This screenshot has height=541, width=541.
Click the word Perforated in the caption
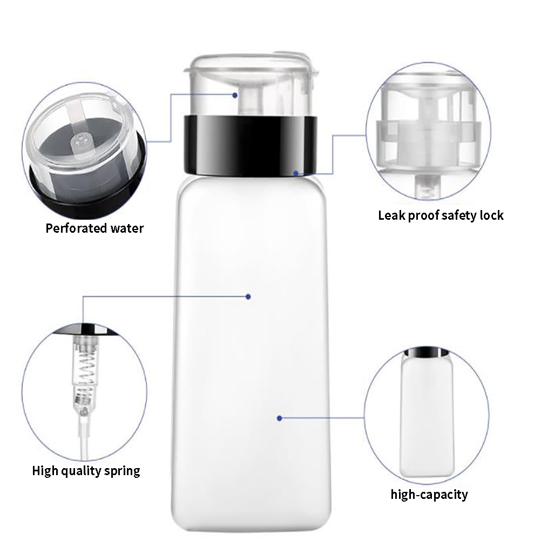pyautogui.click(x=76, y=228)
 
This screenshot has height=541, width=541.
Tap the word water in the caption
pyautogui.click(x=127, y=228)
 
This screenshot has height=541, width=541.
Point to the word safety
pyautogui.click(x=459, y=215)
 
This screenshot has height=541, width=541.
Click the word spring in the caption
pyautogui.click(x=122, y=471)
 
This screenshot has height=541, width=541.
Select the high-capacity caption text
pyautogui.click(x=429, y=495)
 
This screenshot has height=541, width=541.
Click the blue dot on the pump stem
pyautogui.click(x=235, y=95)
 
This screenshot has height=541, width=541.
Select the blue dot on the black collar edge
pyautogui.click(x=296, y=173)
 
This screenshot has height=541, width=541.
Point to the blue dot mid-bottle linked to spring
pyautogui.click(x=248, y=297)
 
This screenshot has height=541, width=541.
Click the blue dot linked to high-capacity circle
pyautogui.click(x=280, y=418)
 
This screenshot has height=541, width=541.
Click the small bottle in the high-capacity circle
pyautogui.click(x=427, y=412)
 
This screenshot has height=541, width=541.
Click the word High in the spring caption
pyautogui.click(x=45, y=471)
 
